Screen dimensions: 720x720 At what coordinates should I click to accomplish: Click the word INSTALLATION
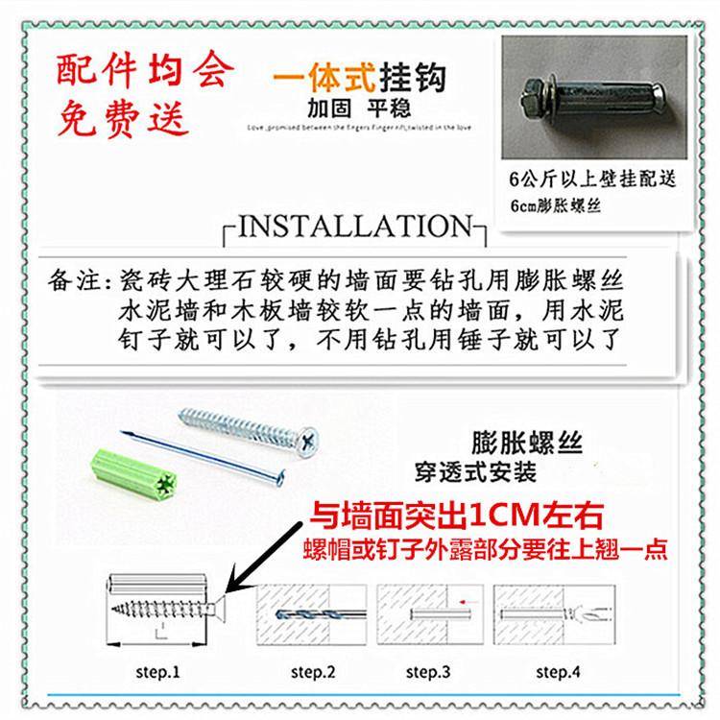click(354, 228)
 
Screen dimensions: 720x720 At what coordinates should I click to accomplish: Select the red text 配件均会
click(145, 70)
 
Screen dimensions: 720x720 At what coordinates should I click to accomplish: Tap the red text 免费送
click(124, 120)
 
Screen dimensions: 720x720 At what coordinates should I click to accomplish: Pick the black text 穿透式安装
click(475, 474)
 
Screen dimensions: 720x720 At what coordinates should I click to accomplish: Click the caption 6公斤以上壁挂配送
click(594, 180)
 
